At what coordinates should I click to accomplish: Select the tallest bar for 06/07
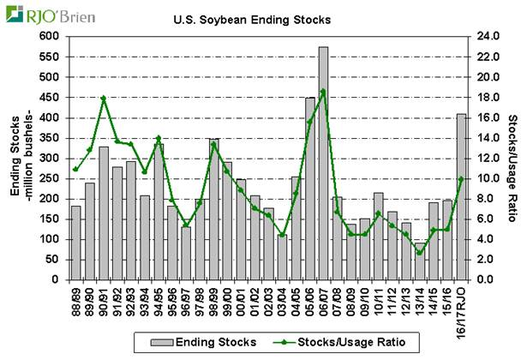point(323,163)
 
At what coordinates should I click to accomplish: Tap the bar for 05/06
point(309,189)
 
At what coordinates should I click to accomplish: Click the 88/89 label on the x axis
point(75,299)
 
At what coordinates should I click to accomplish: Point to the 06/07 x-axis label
point(323,299)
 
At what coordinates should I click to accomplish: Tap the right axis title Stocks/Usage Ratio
point(512,159)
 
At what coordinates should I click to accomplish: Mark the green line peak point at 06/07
point(323,91)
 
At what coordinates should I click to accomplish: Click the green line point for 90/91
point(104,98)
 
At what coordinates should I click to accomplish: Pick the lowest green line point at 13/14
point(419,252)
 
